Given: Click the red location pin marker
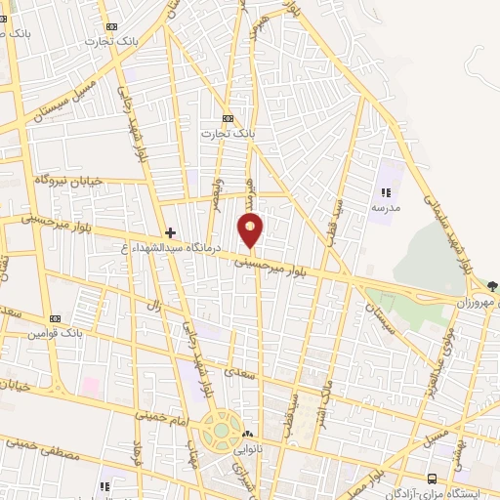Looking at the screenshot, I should (251, 230).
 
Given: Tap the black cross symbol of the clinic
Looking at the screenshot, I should (171, 232).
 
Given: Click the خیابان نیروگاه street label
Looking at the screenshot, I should (69, 181).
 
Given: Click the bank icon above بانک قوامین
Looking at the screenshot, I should (53, 319).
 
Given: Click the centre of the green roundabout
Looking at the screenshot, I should (221, 429).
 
